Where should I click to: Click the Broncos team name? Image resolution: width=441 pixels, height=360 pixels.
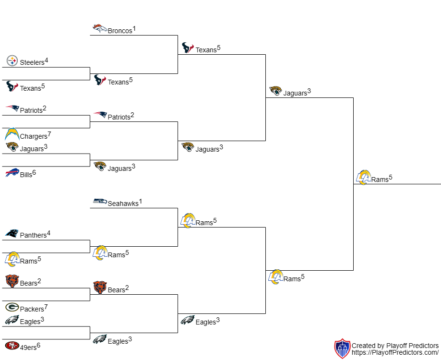coord(120,31)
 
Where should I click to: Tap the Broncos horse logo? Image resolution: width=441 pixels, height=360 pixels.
coord(100,28)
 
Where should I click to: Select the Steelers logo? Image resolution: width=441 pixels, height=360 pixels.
coord(12,61)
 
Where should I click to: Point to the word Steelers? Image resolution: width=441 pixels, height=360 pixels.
coord(32,62)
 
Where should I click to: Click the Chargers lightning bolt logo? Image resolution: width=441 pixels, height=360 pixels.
coord(12,134)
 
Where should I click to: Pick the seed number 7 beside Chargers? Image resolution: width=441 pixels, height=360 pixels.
coord(49,134)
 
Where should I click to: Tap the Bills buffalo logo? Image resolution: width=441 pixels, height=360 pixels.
coord(12,172)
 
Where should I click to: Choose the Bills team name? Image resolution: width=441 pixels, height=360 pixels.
coord(26,175)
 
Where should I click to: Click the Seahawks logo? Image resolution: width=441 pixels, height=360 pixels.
coord(100,201)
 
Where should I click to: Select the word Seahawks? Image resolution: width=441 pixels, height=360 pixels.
coord(123,204)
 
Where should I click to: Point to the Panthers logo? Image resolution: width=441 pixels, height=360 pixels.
coord(12,233)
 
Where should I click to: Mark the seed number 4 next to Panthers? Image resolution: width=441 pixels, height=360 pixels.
coord(48,233)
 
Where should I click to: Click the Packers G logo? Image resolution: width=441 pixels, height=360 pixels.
coord(12,307)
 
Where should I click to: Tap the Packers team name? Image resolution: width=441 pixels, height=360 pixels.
coord(32,309)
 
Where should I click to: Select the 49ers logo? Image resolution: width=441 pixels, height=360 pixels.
coord(12,346)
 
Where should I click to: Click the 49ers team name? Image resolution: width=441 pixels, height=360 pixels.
coord(28,348)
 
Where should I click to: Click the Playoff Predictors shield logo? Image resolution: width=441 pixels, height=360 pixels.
coord(342,348)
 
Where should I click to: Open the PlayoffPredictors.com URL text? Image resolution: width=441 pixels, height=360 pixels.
coord(395,352)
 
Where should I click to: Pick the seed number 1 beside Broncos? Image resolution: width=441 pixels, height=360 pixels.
coord(134,29)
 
